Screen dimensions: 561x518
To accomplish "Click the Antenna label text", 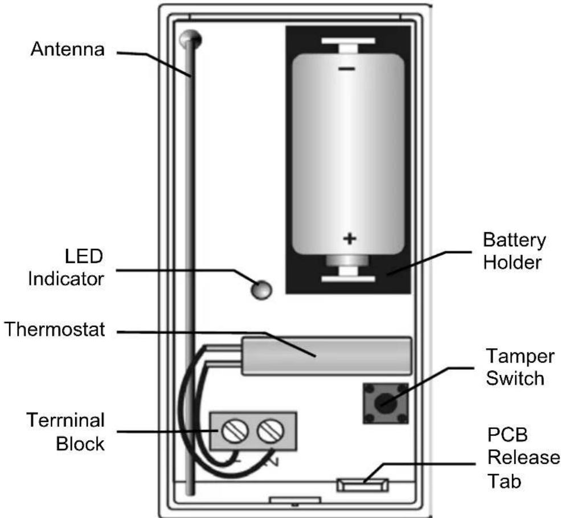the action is click(x=68, y=49).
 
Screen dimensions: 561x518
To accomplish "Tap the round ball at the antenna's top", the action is click(x=190, y=39).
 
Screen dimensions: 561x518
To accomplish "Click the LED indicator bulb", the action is click(x=261, y=289).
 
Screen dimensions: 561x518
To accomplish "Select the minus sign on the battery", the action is click(x=347, y=68).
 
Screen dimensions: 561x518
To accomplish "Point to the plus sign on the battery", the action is click(x=350, y=238).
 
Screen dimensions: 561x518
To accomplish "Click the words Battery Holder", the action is click(x=514, y=251).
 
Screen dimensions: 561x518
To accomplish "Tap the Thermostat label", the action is click(x=55, y=329).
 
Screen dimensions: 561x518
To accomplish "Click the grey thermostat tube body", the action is click(x=327, y=356).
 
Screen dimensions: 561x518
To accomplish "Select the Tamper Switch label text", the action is click(x=520, y=368).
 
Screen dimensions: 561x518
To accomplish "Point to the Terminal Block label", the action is click(x=65, y=432).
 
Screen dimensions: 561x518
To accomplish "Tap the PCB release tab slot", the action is click(x=362, y=485).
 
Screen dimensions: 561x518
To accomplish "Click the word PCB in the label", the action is click(x=507, y=435).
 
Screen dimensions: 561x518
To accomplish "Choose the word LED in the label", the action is click(x=84, y=256).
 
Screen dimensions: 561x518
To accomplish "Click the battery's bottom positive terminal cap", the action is click(x=347, y=261).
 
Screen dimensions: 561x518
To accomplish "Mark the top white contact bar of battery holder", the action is click(x=348, y=41).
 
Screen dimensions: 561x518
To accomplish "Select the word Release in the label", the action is click(x=524, y=458).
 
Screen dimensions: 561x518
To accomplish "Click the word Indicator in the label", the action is click(x=66, y=279).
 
